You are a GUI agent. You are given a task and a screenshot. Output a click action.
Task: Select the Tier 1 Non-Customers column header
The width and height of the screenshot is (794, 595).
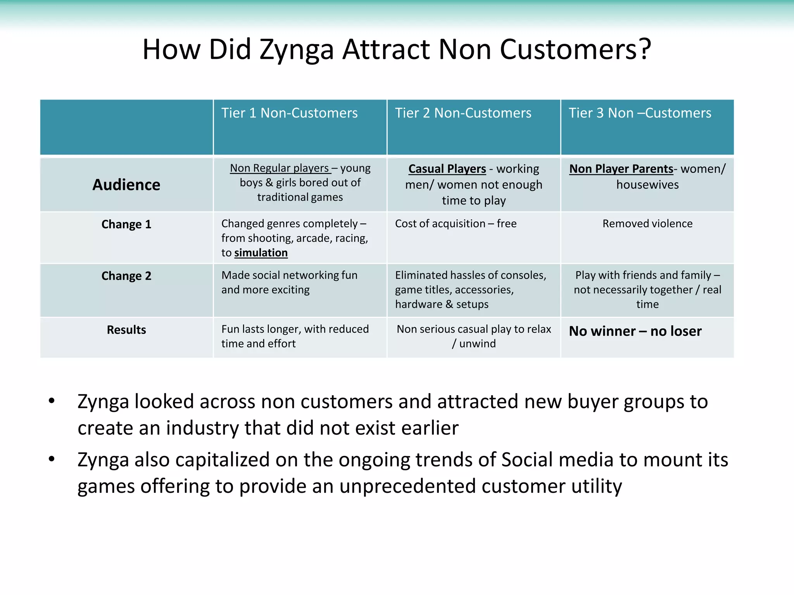click(289, 113)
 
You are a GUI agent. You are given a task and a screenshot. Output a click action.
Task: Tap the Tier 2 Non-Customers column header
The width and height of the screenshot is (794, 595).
click(463, 113)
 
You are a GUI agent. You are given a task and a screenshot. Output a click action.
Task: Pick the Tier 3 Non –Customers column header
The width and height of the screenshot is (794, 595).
click(640, 113)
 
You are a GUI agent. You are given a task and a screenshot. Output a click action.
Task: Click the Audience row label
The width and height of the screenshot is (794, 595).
click(126, 185)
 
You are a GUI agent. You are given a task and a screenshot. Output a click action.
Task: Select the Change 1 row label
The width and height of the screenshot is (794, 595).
click(126, 224)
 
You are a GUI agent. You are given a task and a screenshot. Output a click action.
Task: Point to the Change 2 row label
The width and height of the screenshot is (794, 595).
click(126, 276)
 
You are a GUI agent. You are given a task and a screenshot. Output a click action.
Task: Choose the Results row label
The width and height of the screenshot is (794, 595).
click(126, 330)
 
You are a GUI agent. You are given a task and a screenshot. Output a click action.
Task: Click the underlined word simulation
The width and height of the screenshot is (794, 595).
click(261, 253)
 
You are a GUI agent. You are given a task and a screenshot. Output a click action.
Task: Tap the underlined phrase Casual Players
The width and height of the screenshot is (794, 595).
click(447, 169)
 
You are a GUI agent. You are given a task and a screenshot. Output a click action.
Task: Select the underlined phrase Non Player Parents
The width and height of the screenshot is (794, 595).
click(621, 169)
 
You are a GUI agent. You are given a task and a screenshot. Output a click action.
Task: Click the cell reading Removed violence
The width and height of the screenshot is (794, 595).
click(647, 224)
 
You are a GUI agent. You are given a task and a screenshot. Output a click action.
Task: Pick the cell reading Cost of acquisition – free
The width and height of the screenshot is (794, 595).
click(456, 224)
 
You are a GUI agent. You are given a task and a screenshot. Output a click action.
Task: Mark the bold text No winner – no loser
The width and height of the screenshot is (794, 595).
click(635, 331)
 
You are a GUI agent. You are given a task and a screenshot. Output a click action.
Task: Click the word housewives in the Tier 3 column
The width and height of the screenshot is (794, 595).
click(647, 185)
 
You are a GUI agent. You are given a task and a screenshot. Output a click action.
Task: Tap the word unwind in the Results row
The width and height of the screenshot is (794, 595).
click(477, 344)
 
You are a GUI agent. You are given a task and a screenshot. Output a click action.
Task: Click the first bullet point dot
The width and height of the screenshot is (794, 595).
click(52, 401)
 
